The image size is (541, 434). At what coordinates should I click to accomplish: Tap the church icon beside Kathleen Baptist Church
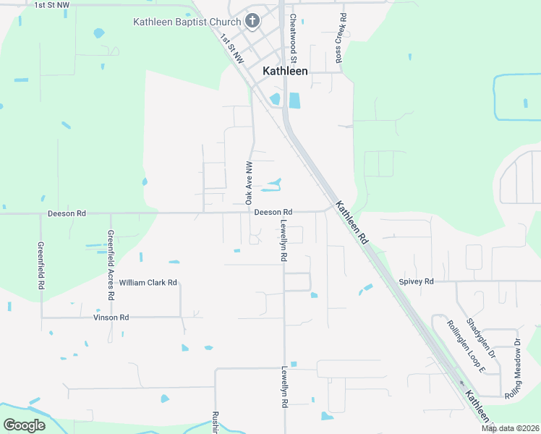point(252,20)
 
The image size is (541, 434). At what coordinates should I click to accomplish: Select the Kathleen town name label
point(284,71)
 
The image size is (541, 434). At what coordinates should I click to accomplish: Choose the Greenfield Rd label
point(41,265)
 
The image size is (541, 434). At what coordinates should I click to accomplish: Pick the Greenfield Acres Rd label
point(111,265)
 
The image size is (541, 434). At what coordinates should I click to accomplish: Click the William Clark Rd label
point(148,283)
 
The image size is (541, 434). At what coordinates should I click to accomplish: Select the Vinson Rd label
point(111,317)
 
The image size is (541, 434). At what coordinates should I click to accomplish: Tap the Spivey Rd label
point(415,281)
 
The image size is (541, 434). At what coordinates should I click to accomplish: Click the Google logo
point(24,425)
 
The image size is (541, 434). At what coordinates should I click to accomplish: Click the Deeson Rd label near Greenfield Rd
point(67,213)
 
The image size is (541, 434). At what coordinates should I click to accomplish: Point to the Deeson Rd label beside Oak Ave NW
point(273,211)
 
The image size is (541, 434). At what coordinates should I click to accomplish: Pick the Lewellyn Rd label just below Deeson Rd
point(284,240)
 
